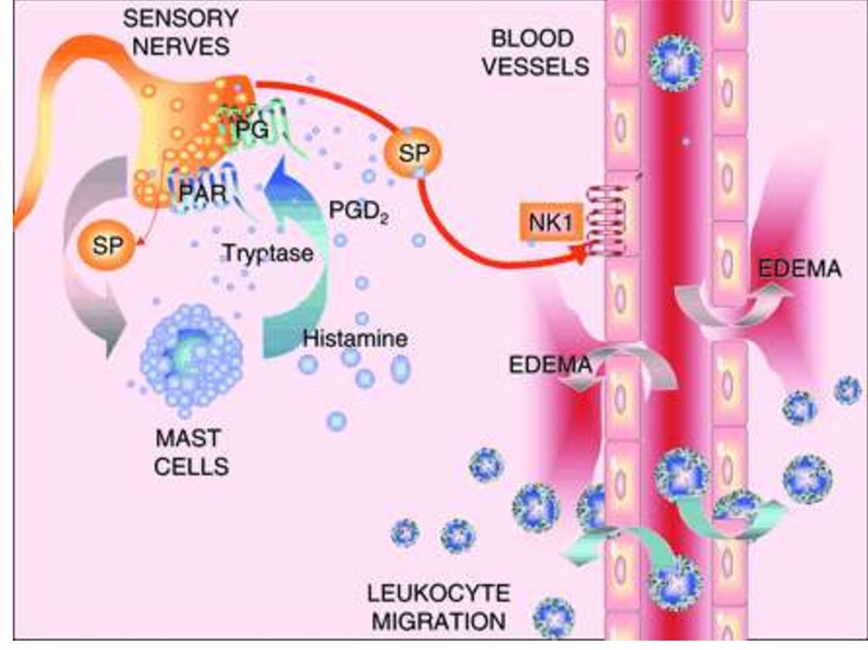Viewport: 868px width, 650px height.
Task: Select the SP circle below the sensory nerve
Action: click(x=105, y=245)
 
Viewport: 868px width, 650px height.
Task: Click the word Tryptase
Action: click(x=268, y=253)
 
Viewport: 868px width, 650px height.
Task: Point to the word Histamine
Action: click(x=354, y=339)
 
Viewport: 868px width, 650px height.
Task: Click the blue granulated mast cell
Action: click(x=192, y=356)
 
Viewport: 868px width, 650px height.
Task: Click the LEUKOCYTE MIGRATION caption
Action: click(x=438, y=606)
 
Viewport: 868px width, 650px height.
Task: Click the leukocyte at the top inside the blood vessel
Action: click(x=676, y=62)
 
